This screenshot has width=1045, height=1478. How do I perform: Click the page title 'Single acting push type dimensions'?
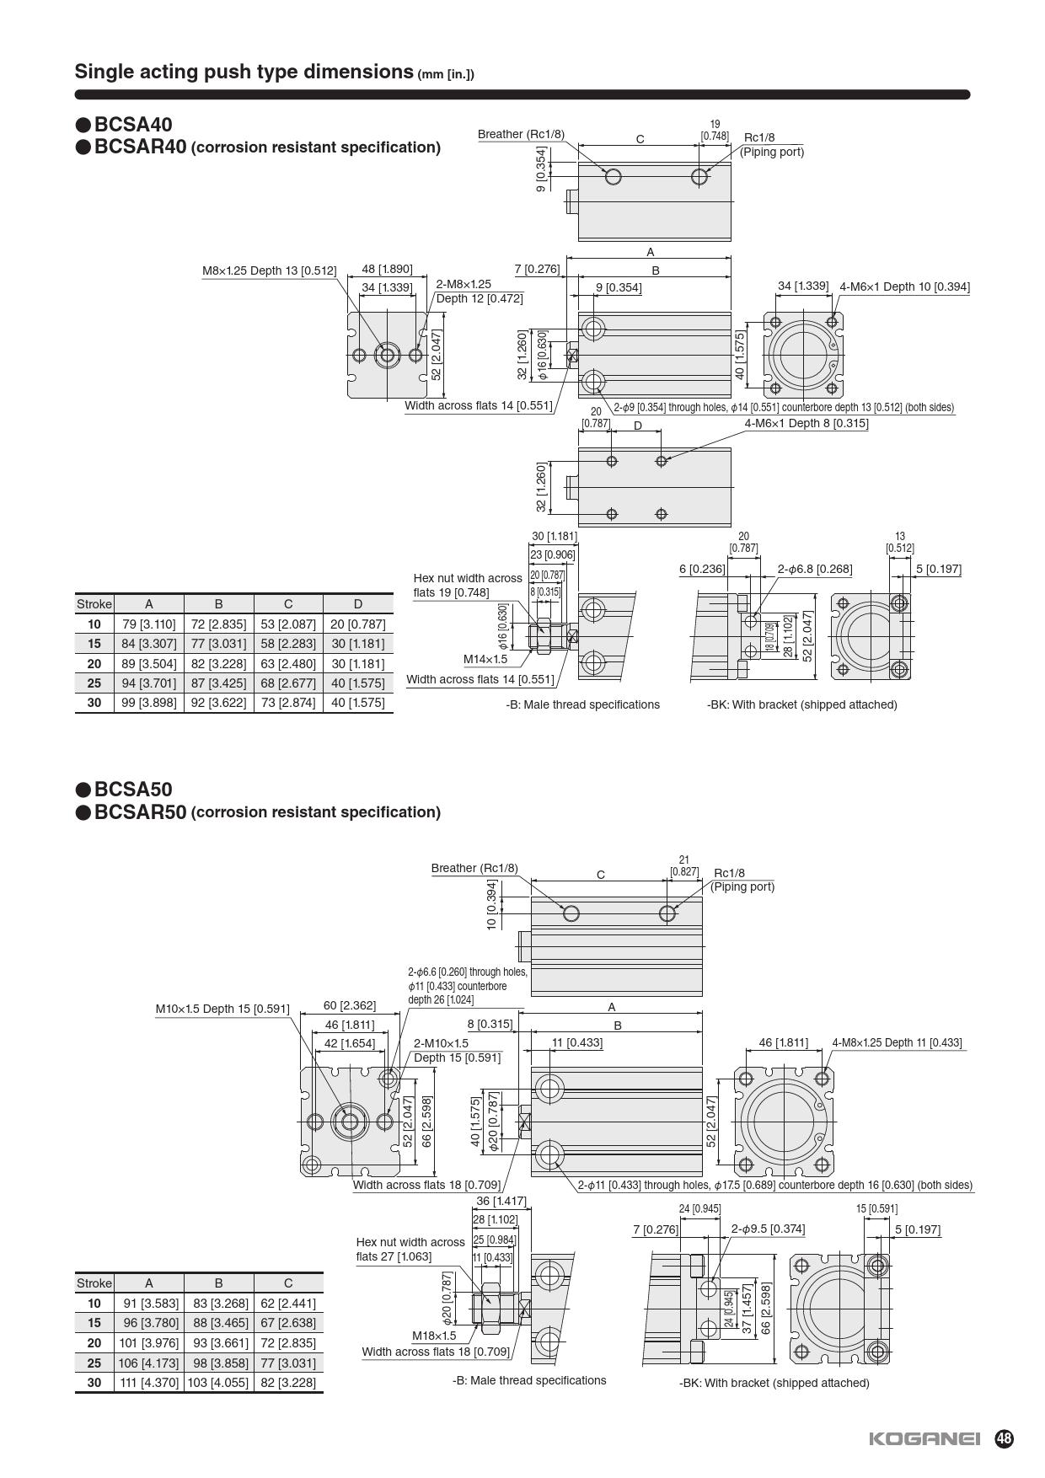[x=244, y=72]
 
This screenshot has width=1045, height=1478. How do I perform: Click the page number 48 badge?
[x=1004, y=1438]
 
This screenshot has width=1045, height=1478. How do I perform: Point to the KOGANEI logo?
[x=924, y=1439]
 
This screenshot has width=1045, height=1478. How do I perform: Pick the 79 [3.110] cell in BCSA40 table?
[x=149, y=624]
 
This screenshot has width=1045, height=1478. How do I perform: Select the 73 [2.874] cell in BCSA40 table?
[x=288, y=703]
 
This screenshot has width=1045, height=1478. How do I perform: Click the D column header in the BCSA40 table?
[x=357, y=603]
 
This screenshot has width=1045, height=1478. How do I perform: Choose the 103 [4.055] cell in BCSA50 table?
[x=218, y=1383]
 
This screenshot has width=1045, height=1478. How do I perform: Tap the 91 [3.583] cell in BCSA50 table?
[x=149, y=1304]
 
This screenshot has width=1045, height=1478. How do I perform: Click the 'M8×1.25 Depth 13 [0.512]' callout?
[x=269, y=270]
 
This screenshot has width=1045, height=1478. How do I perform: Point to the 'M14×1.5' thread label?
[x=485, y=659]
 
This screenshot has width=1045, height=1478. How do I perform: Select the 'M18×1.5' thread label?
[x=434, y=1336]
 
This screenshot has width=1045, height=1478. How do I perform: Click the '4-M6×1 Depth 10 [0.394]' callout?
[x=904, y=286]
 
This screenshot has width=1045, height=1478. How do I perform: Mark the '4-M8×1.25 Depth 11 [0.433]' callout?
[x=897, y=1042]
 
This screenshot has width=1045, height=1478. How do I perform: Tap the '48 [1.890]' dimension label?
[x=387, y=269]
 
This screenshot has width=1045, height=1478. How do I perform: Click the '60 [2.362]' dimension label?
[x=350, y=1005]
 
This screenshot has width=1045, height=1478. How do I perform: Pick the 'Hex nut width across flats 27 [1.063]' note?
[x=410, y=1249]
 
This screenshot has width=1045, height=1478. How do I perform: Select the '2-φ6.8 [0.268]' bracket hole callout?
[x=814, y=569]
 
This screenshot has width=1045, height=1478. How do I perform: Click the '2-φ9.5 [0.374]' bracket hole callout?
[x=768, y=1229]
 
